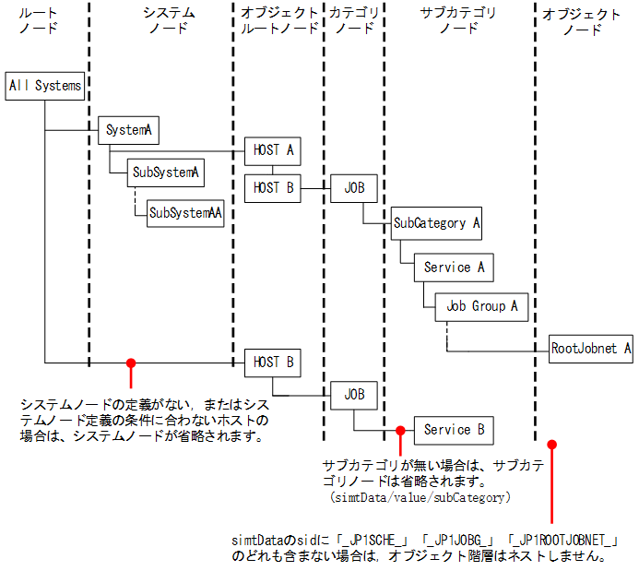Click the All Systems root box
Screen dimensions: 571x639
click(x=44, y=86)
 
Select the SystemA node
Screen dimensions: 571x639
click(x=128, y=130)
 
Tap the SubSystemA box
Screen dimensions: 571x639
click(x=165, y=172)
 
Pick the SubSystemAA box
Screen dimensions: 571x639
click(x=186, y=212)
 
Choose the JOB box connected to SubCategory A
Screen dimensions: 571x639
click(x=354, y=187)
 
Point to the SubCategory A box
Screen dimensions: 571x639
click(x=436, y=222)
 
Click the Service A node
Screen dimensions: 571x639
click(x=453, y=268)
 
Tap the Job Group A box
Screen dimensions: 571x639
click(x=481, y=306)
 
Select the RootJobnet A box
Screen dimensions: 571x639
click(x=591, y=349)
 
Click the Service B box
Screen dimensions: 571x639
click(x=453, y=430)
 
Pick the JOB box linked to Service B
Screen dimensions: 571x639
click(x=354, y=394)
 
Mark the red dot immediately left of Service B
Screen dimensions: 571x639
click(x=400, y=430)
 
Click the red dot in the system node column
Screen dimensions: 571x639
click(x=131, y=363)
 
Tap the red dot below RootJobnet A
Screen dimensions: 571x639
click(x=551, y=445)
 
